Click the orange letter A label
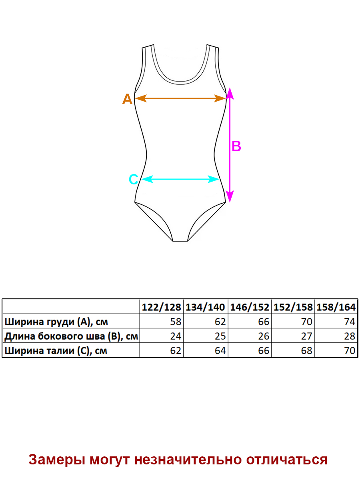tap(127, 99)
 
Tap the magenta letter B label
tap(236, 146)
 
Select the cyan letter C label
tap(133, 180)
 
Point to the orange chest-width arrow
tap(180, 98)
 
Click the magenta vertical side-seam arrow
tap(230, 145)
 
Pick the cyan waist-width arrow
tap(180, 179)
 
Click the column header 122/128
tap(161, 307)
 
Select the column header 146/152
tap(250, 307)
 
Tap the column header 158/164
tap(336, 307)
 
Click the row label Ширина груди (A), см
tap(56, 322)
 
